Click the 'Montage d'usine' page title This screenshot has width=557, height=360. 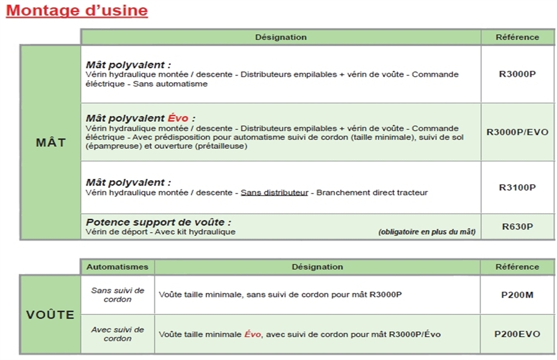(x=77, y=11)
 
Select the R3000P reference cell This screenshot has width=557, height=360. (x=517, y=75)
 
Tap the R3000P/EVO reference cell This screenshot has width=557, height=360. (x=517, y=132)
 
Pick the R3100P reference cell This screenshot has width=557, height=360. (x=517, y=187)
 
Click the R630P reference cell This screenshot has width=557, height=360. (x=517, y=227)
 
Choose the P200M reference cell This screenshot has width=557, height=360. (x=517, y=295)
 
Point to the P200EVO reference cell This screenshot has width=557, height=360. (x=517, y=334)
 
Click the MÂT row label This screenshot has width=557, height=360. (x=50, y=143)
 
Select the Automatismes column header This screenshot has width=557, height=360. (x=118, y=267)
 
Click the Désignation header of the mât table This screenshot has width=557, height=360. (x=280, y=37)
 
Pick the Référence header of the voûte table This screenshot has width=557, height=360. (x=517, y=267)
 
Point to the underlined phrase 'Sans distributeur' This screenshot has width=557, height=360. (x=274, y=193)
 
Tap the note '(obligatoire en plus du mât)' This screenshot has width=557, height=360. (x=427, y=232)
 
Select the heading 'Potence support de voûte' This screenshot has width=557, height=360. (x=158, y=222)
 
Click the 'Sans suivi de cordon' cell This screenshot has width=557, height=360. (x=118, y=295)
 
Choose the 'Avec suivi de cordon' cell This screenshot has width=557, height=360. (x=118, y=334)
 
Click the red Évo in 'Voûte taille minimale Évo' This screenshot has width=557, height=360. (x=252, y=334)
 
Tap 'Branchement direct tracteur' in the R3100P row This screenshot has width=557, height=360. (x=372, y=193)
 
